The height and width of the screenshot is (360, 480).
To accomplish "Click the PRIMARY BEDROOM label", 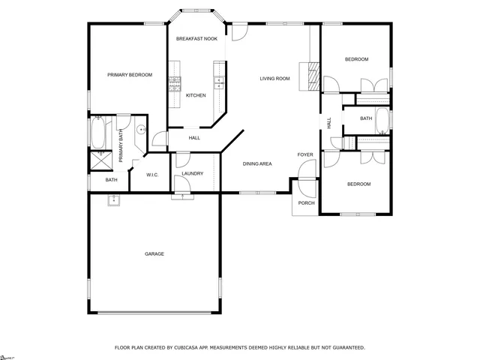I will (130, 75).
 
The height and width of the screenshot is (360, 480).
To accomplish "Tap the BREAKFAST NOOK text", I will (196, 38).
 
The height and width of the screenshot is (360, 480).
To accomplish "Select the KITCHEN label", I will (196, 95).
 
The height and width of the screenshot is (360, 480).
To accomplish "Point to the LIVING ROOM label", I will (274, 79).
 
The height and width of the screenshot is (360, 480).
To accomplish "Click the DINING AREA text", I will (256, 163).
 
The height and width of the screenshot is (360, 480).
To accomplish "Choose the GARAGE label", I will (154, 253).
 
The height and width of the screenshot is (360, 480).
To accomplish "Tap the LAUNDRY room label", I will (193, 174).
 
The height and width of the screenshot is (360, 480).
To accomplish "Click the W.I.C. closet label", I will (151, 175).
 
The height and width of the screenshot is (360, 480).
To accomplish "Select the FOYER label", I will (304, 154).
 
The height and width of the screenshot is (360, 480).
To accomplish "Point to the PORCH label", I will (306, 202).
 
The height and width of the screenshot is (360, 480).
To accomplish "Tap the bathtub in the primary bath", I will (97, 133).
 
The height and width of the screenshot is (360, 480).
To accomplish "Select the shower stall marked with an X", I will (98, 159).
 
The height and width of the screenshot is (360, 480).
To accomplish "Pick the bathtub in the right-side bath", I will (382, 120).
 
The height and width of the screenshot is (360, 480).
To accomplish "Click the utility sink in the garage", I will (115, 200).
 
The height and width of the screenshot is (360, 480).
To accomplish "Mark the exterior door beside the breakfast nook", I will (238, 31).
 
